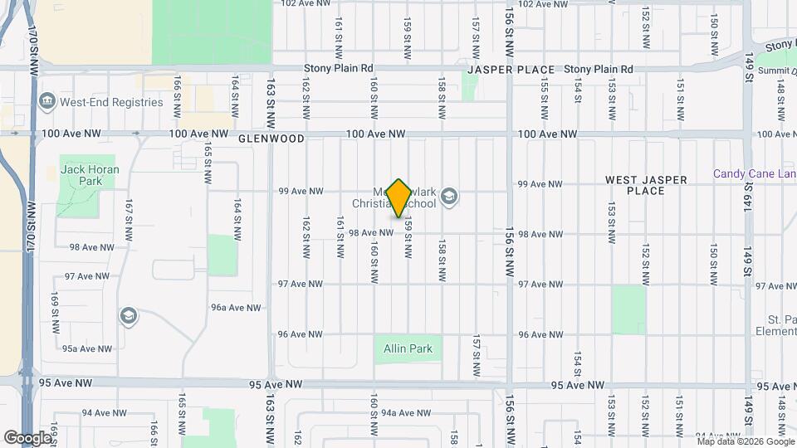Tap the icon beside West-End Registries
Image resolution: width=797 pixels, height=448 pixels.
coord(47,102)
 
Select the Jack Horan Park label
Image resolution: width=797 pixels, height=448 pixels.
coord(90,175)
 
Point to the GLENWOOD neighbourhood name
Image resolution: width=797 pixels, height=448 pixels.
coord(271,139)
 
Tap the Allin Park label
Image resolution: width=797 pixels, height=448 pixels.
coord(408,349)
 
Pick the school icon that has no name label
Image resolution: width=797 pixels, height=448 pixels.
coord(128,316)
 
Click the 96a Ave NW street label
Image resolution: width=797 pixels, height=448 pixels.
coord(237,308)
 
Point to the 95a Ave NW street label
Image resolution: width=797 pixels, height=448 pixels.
coord(87,349)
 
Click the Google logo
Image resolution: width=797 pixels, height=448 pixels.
coord(27,437)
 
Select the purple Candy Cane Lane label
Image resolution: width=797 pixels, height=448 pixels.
coord(755,174)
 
